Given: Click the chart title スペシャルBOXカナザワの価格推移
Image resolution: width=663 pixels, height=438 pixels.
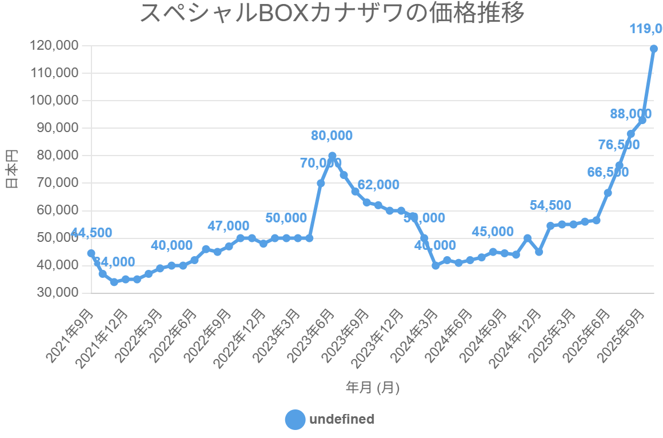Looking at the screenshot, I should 331,14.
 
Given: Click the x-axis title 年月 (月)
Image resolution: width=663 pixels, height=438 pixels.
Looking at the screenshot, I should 372,388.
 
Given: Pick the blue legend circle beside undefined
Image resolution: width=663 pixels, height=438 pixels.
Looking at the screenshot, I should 295,419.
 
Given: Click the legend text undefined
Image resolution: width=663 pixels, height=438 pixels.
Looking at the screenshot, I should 342,419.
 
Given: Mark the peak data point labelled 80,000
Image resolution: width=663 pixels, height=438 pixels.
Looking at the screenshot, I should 332,156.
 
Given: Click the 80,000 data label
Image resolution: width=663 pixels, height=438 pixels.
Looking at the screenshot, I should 331,136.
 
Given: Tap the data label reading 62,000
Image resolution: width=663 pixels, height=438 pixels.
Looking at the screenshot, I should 378,185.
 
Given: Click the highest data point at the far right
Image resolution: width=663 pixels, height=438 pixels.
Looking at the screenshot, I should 653,49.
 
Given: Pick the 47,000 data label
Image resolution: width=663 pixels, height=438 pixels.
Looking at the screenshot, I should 228,226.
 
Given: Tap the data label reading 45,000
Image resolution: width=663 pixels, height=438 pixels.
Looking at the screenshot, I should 493,232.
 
